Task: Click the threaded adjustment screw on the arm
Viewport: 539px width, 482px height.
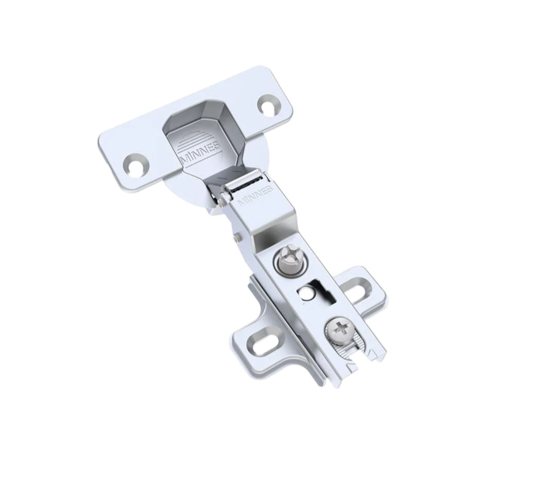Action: click(288, 260)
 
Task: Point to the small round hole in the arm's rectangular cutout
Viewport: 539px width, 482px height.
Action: click(305, 293)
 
